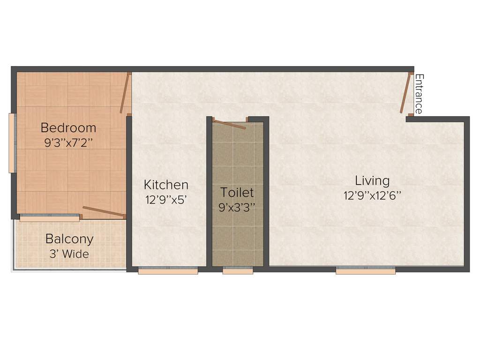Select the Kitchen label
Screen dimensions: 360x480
[x=166, y=185]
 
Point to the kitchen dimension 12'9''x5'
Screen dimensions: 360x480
[x=166, y=199]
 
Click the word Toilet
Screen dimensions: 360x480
[x=237, y=192]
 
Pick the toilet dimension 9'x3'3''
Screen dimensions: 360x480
[x=237, y=207]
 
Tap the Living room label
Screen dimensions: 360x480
[x=372, y=180]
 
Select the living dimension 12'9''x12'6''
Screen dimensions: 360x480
[x=372, y=195]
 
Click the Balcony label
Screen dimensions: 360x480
[x=69, y=239]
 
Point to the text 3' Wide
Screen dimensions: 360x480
[x=69, y=254]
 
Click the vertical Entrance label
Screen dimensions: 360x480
[x=419, y=94]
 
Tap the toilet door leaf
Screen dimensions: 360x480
[x=228, y=124]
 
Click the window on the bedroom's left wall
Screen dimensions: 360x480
[x=13, y=143]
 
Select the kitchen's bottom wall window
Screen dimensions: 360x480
[x=168, y=270]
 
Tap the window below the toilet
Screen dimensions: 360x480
[x=238, y=270]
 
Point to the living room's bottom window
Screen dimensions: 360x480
[x=366, y=270]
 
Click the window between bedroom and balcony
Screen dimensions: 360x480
[x=49, y=217]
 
